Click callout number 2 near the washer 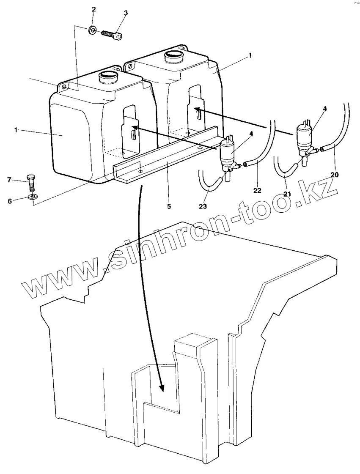click(x=93, y=9)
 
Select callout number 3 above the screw click(x=126, y=13)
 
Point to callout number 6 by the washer click(x=9, y=201)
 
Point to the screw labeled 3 click(x=112, y=34)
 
